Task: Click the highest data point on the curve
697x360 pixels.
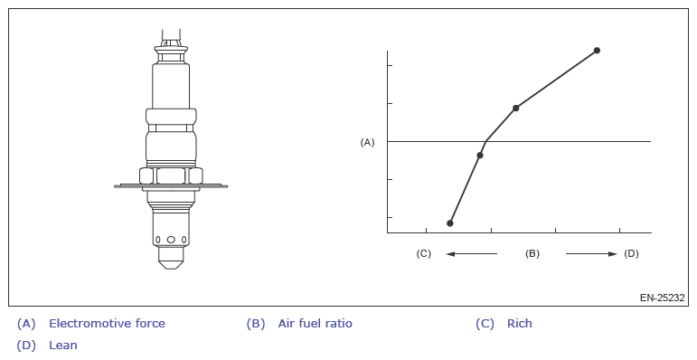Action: click(x=597, y=51)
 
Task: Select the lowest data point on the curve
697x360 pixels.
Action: click(x=450, y=223)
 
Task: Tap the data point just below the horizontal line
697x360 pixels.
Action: click(x=480, y=155)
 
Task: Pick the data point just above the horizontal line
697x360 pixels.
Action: click(x=515, y=109)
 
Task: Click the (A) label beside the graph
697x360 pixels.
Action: click(x=367, y=142)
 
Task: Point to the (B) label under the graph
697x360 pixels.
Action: click(x=532, y=253)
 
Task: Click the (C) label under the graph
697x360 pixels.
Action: click(x=424, y=253)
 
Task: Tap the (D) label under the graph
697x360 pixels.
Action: click(x=631, y=253)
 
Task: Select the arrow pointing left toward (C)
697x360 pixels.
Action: click(x=472, y=254)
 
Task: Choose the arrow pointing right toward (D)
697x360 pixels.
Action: click(x=591, y=254)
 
